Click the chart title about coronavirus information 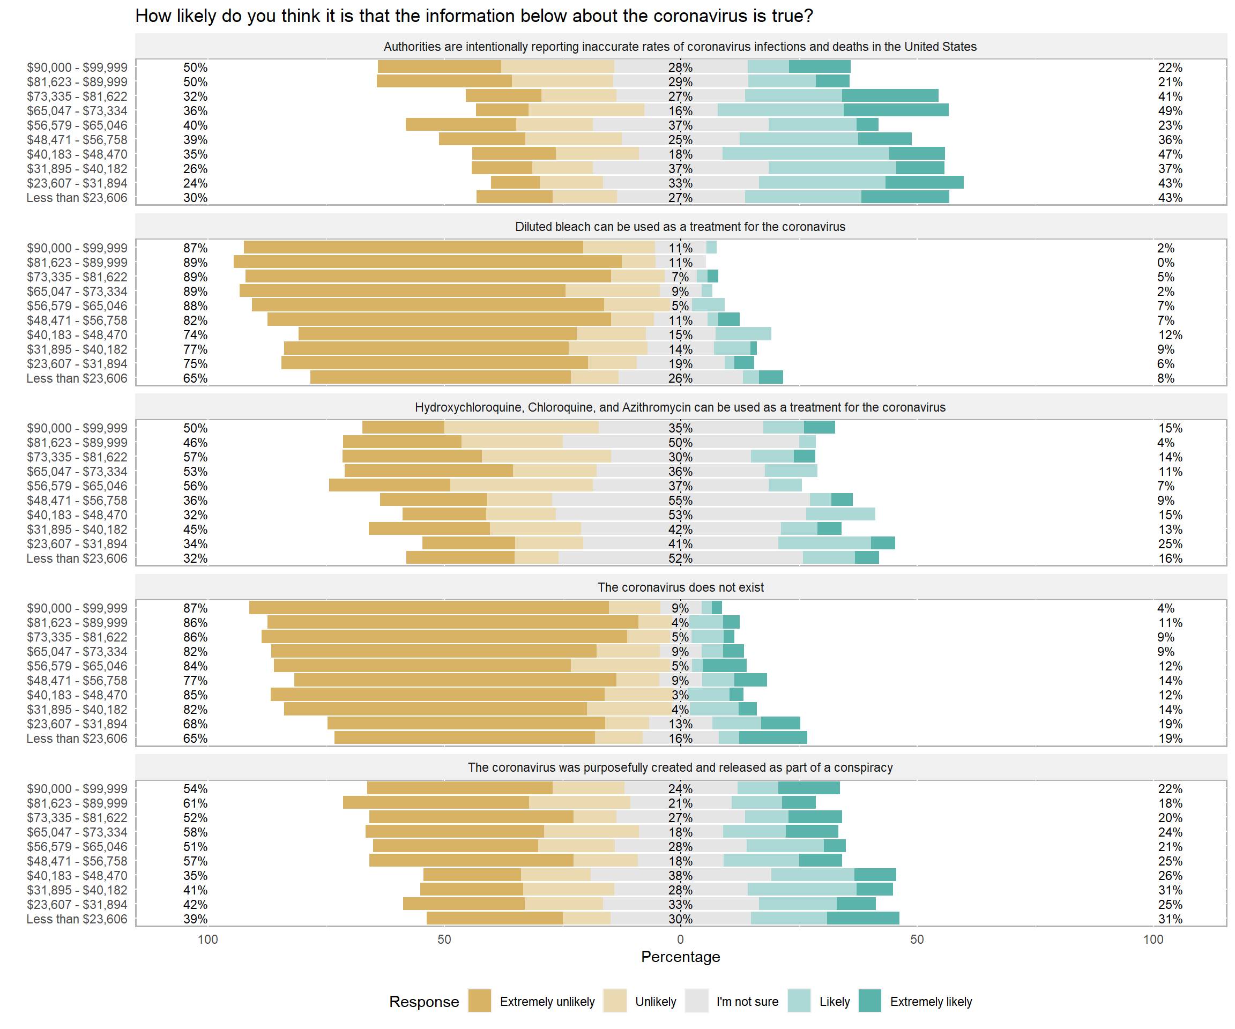[x=473, y=16]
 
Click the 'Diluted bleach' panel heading [x=680, y=227]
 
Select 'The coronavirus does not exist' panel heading [x=680, y=587]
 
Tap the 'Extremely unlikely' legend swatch [x=479, y=1001]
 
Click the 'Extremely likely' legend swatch [x=870, y=1001]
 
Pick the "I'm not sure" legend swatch [x=696, y=1001]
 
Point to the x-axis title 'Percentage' [x=680, y=957]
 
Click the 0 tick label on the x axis [x=680, y=939]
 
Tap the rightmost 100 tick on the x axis [x=1152, y=939]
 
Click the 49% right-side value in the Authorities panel [x=1170, y=111]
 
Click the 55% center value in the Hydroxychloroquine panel [x=680, y=501]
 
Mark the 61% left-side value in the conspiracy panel [x=195, y=803]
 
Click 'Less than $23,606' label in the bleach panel [x=77, y=378]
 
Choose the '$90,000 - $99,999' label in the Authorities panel [x=77, y=68]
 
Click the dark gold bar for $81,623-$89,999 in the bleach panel [x=427, y=262]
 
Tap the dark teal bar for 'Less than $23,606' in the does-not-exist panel [x=773, y=738]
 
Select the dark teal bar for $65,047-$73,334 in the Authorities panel [x=896, y=110]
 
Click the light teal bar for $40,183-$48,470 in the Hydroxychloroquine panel [x=840, y=514]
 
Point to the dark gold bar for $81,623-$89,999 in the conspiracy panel [x=436, y=803]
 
